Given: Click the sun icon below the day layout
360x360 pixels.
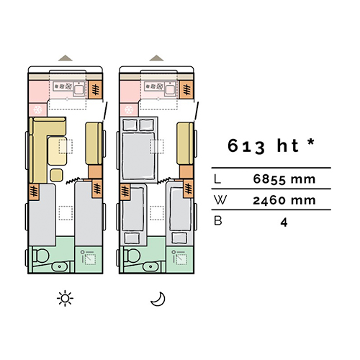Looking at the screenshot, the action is coord(65,298).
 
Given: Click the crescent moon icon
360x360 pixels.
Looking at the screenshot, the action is coord(158,299).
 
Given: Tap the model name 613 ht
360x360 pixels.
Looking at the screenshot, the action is coord(264,145).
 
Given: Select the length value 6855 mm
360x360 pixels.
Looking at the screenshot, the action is coord(284,179).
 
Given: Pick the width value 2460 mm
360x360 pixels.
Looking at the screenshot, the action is coord(284,200).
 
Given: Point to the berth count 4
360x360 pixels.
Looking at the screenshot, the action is coord(284,222).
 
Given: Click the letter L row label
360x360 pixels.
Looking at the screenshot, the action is coord(217,179).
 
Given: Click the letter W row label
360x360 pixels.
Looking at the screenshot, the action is coord(220,200).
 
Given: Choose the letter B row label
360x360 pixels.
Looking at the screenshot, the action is coord(217,221).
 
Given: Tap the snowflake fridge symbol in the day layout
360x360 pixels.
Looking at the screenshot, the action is coord(37,109).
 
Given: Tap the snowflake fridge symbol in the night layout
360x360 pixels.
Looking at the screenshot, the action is coord(129,109).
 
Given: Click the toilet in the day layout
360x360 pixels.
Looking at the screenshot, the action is coord(41,256).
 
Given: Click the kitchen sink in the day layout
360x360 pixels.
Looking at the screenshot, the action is coord(78,89).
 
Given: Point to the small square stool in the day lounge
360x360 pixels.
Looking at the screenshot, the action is coord(57,175).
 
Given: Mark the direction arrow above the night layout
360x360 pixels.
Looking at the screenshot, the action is coord(156,58).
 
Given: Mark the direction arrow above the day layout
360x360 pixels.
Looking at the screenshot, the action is coord(66,58).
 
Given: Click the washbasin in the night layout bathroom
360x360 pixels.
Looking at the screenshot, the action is coord(150,266).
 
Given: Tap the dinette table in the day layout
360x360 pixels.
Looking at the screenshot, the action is coord(58,150).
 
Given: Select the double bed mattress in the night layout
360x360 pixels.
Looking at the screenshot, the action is coord(138,156).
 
